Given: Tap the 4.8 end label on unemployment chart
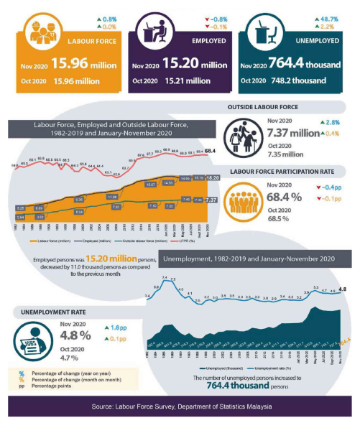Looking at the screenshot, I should pyautogui.click(x=343, y=289).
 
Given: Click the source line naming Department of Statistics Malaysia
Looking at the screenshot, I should pyautogui.click(x=182, y=407).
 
